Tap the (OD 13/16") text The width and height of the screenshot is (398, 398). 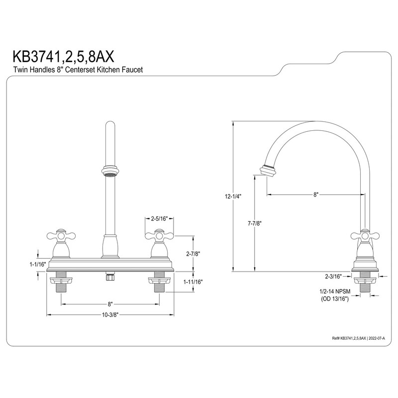[335, 299]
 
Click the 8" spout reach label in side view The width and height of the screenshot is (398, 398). [315, 196]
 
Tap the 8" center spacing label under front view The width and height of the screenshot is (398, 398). [110, 303]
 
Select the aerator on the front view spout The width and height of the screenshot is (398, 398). [109, 173]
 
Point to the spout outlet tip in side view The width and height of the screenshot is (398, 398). [268, 170]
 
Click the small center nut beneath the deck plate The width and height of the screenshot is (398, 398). [110, 276]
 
